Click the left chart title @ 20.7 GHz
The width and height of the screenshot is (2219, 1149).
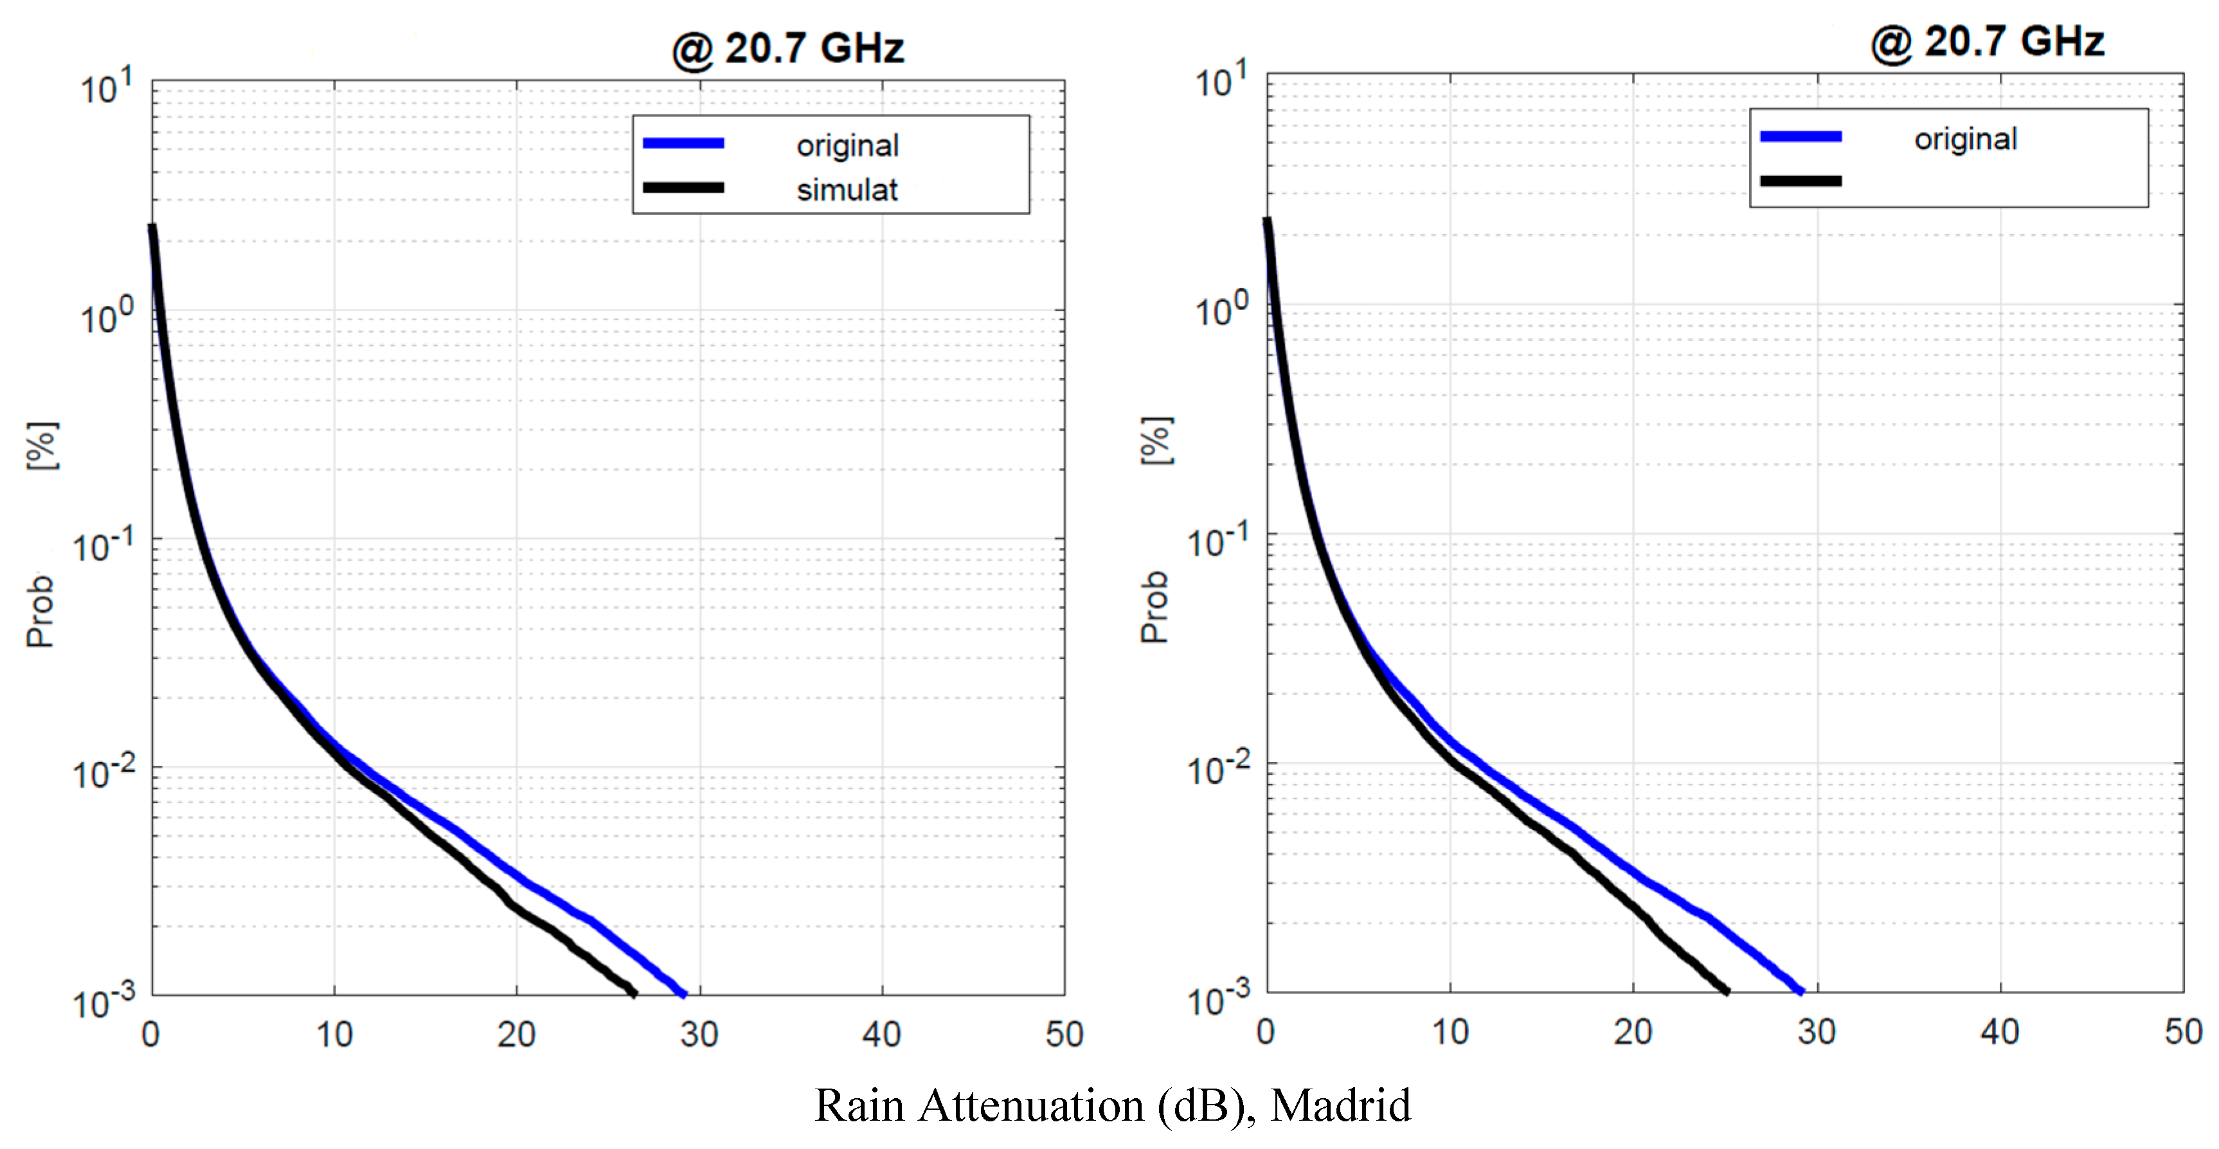click(x=787, y=48)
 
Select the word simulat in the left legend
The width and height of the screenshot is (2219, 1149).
click(x=847, y=190)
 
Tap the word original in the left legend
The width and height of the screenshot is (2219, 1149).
click(x=847, y=145)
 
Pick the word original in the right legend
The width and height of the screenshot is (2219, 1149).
click(x=1965, y=139)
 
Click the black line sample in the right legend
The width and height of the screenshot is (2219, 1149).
click(x=1801, y=181)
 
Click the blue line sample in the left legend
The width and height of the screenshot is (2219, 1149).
click(x=683, y=143)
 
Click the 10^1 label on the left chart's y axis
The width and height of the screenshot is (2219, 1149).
click(x=107, y=88)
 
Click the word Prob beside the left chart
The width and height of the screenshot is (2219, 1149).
click(x=40, y=611)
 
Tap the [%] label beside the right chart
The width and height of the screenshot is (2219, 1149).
click(x=1156, y=441)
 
